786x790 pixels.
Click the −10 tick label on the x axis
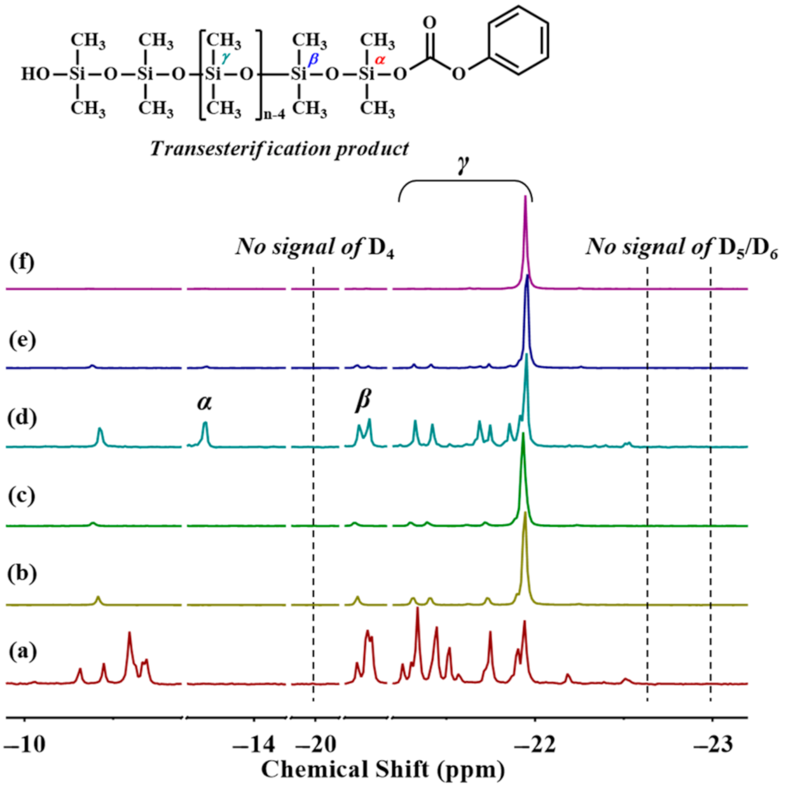(25, 744)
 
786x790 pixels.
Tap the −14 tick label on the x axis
(254, 744)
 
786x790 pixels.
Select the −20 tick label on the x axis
(314, 744)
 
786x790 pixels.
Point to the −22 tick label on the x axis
(535, 744)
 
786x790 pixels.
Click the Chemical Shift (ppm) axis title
(383, 770)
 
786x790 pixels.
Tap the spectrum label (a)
(23, 651)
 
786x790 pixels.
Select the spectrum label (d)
(23, 418)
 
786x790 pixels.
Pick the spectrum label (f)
(23, 262)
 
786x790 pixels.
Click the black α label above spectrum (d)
(204, 402)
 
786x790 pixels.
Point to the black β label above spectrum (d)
(362, 401)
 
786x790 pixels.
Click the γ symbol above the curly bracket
(463, 164)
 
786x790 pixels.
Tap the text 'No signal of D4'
(315, 247)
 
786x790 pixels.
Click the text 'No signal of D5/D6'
(681, 247)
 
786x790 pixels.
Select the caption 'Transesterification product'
(279, 149)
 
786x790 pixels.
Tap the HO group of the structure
(35, 74)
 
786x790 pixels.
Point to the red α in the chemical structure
(380, 60)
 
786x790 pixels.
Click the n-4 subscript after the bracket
(275, 115)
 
